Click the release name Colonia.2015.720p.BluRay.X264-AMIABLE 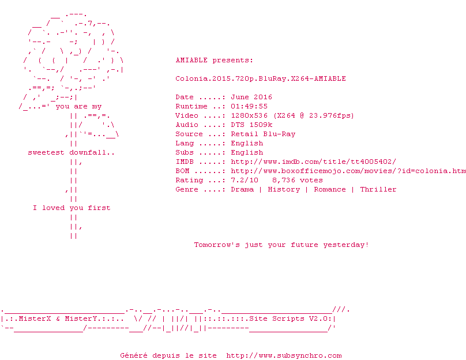point(261,78)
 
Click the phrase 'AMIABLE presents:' point(214,60)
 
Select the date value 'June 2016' point(251,97)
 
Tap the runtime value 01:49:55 point(249,106)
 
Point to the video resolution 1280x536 point(249,115)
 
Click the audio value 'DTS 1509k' point(251,125)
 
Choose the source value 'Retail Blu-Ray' point(263,134)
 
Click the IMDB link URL point(313,162)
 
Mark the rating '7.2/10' point(245,180)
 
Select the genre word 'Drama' point(242,189)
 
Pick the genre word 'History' point(284,189)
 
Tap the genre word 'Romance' point(330,189)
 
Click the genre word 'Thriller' point(378,189)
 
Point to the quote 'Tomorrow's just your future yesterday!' point(281,245)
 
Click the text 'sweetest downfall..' point(72,152)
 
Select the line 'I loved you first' point(72,208)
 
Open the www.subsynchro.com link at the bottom point(284,355)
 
